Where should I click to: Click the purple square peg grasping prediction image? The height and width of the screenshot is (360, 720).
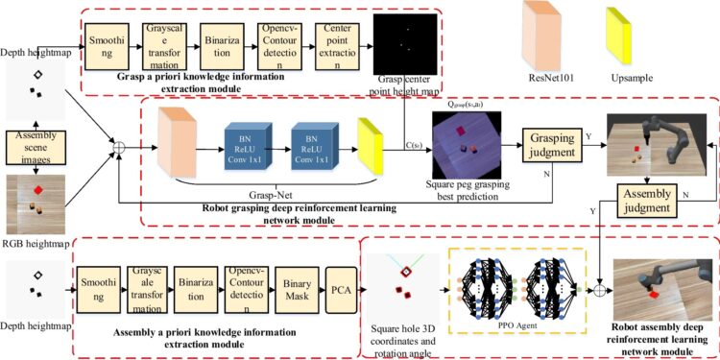[x=466, y=144]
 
